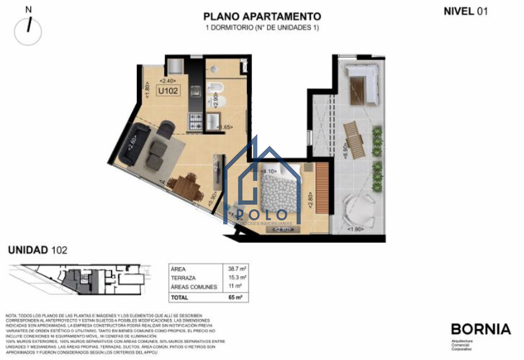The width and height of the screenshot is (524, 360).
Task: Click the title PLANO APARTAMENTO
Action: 262,17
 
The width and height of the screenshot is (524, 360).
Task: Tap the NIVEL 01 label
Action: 465,11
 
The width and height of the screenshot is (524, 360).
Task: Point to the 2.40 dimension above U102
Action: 168,81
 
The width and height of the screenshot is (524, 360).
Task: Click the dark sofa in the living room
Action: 131,144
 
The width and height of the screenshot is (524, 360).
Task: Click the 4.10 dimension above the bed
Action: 267,171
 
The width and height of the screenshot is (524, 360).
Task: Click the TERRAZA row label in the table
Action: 184,278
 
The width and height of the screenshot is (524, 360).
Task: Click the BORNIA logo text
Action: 480,329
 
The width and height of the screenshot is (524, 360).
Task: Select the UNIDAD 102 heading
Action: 38,250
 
